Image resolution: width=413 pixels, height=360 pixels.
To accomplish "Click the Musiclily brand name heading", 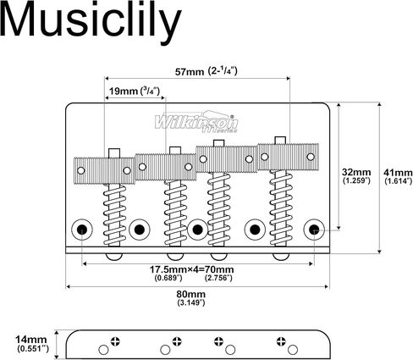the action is tap(91, 21).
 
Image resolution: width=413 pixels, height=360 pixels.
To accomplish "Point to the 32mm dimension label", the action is tap(356, 172).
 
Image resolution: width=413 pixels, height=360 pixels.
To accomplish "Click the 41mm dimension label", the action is tap(398, 172).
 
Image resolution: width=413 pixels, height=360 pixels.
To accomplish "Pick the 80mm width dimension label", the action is tap(191, 294).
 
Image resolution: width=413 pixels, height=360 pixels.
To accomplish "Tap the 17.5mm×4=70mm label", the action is tap(191, 269).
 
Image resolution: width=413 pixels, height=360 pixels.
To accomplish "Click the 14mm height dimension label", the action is tap(31, 339).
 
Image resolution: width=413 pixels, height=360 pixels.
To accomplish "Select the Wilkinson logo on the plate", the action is tap(196, 122).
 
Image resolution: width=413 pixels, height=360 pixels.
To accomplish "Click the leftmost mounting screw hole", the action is tap(82, 230).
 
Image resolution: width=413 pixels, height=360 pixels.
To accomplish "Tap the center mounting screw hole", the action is tap(197, 230).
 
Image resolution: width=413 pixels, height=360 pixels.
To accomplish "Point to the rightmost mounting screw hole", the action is tap(314, 230).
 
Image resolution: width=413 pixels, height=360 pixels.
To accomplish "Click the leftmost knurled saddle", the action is tap(104, 170).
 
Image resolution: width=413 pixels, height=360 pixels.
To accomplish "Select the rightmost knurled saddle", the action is tap(288, 157).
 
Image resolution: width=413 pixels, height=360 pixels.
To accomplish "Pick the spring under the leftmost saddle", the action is tap(114, 214).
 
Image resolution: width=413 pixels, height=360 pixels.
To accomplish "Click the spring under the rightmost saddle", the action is tap(281, 208).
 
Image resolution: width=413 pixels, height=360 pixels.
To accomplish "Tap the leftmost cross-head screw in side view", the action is tap(115, 341).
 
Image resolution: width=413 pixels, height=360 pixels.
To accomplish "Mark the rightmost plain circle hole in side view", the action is tap(293, 350).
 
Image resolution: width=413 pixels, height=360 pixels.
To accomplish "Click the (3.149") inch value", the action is tap(191, 302).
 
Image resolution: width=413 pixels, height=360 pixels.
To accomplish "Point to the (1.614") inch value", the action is tap(399, 181).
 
